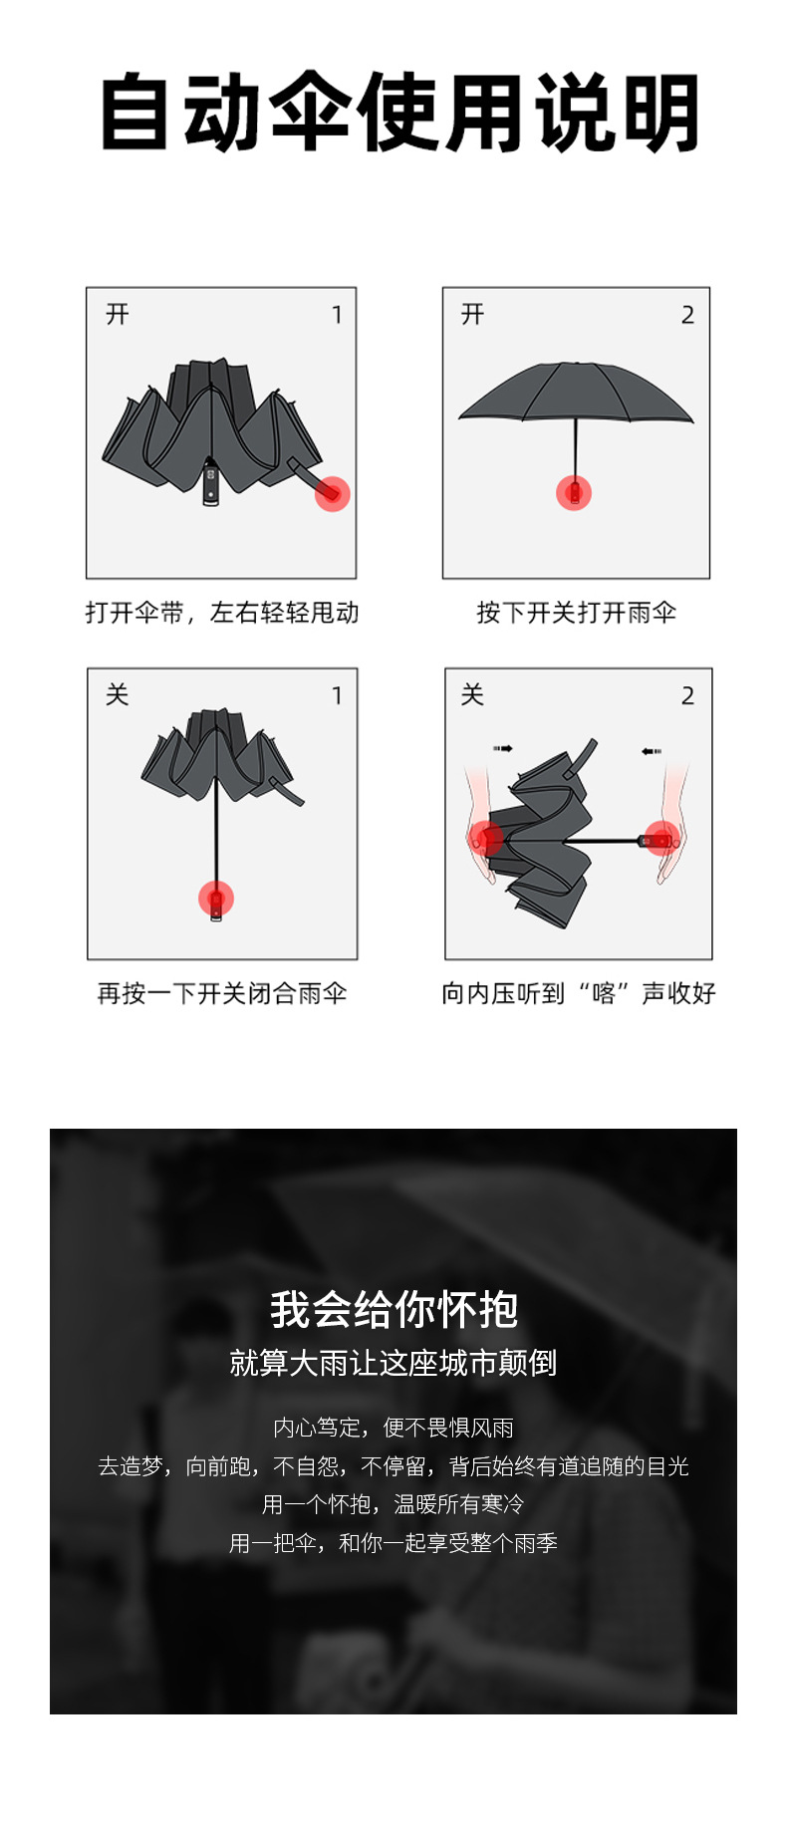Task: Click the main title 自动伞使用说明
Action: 398,113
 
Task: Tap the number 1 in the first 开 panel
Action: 337,315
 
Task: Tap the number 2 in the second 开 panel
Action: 687,315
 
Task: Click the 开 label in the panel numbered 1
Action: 118,315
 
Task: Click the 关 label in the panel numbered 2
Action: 472,695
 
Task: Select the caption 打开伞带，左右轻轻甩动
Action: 221,613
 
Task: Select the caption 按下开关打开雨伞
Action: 576,613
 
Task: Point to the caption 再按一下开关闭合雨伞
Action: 221,993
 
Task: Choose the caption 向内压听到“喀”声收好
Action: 578,993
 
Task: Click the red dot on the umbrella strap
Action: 332,493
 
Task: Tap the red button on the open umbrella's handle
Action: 574,492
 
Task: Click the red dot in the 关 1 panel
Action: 216,899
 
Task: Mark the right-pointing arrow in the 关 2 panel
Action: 502,748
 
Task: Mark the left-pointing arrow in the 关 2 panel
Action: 652,751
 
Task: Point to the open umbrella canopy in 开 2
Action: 575,393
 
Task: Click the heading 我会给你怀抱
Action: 393,1309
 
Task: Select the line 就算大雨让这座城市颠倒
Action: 393,1363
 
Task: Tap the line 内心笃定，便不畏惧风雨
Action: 393,1428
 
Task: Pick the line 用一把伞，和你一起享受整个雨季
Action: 393,1543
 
